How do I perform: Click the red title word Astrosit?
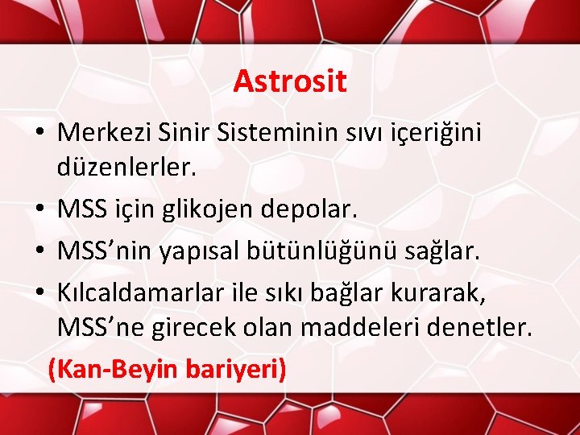tap(290, 81)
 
